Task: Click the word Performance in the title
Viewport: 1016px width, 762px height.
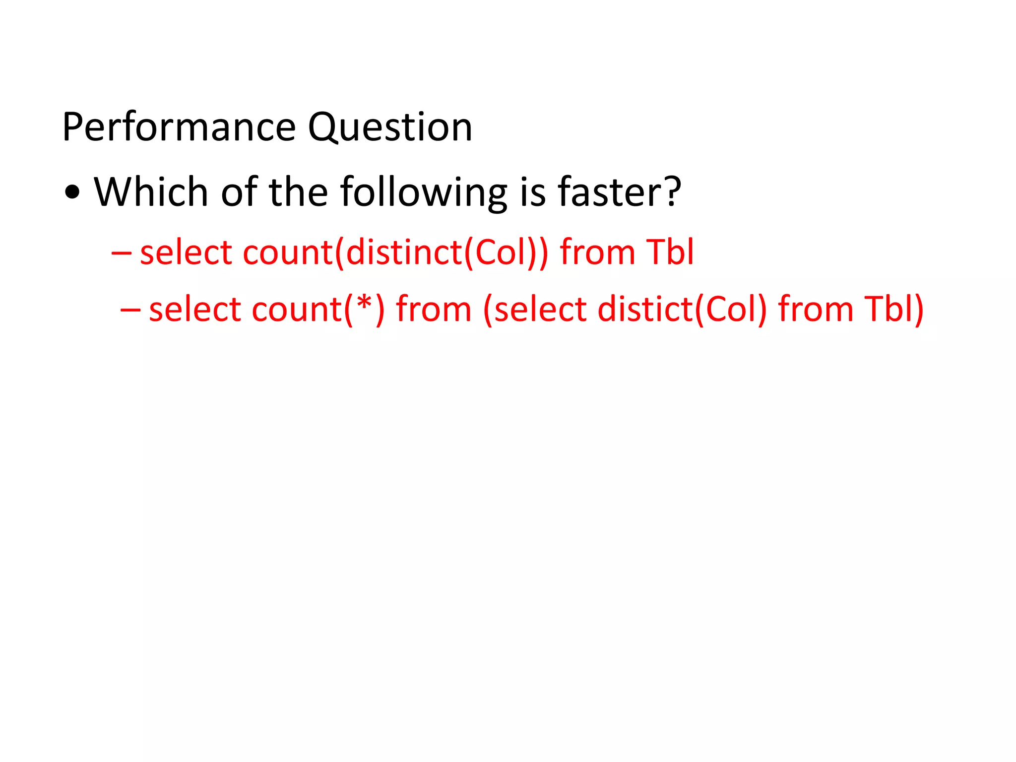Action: [179, 127]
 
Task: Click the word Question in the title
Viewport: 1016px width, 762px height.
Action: [390, 127]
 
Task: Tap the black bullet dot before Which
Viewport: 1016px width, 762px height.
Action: [72, 192]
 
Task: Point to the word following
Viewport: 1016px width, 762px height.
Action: [424, 192]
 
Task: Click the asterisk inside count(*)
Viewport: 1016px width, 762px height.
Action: [364, 304]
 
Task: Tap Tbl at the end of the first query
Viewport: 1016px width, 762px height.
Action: [669, 252]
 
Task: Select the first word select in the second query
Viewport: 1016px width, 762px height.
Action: [195, 309]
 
